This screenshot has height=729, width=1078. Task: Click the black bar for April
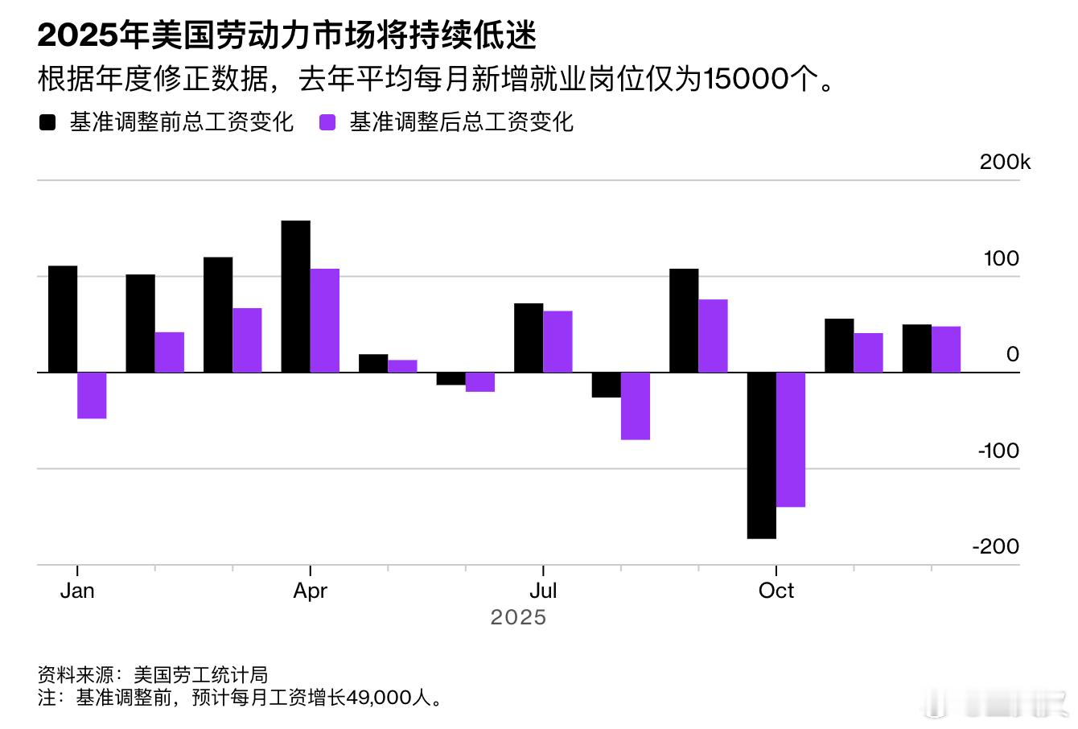(x=295, y=296)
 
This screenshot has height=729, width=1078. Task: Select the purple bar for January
(x=92, y=395)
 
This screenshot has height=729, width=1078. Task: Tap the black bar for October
(x=761, y=455)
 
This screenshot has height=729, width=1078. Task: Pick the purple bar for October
(x=791, y=439)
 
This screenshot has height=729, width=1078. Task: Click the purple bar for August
(x=636, y=406)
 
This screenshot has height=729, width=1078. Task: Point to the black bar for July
(x=529, y=338)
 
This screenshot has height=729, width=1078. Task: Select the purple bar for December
(x=946, y=349)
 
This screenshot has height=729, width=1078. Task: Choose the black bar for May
(x=373, y=363)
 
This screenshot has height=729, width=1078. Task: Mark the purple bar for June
(x=480, y=382)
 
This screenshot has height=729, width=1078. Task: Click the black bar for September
(x=684, y=320)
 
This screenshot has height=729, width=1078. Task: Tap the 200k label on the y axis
(x=1005, y=162)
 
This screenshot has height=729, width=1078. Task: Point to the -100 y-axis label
(x=998, y=451)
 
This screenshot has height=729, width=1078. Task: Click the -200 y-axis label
(x=996, y=546)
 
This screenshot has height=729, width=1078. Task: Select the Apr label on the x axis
(x=311, y=591)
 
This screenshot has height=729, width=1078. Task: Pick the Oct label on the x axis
(x=776, y=591)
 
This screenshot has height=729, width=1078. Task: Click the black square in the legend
(x=47, y=122)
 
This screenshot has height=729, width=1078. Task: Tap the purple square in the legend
(x=327, y=122)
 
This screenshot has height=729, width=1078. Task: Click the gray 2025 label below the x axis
(x=518, y=617)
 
